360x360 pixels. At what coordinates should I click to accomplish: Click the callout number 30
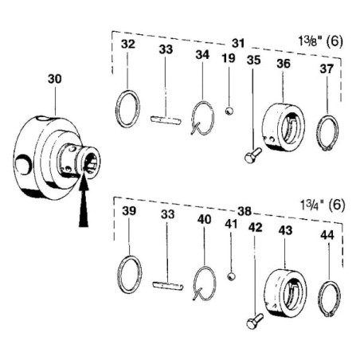55,79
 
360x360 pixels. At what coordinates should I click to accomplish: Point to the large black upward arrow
84,202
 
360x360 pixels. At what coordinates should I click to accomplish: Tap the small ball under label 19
229,111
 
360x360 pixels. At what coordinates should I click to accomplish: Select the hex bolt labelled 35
252,155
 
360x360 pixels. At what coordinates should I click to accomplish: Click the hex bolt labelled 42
255,321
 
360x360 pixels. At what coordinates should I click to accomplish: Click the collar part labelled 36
284,127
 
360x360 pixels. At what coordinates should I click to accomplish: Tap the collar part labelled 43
285,292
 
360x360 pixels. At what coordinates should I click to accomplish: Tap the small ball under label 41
231,276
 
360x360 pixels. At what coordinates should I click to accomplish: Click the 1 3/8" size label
321,41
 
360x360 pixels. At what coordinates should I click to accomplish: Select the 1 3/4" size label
323,205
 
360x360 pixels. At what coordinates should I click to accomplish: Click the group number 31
238,43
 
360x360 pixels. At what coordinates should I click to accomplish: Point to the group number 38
245,211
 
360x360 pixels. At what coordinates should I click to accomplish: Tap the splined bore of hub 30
89,162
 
